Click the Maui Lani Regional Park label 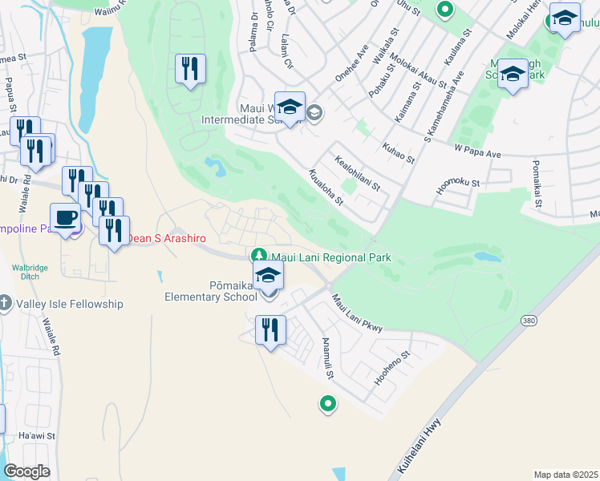(331, 257)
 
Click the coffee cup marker (65, 216)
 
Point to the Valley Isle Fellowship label (73, 304)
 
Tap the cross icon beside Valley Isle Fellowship (6, 303)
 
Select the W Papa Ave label (476, 151)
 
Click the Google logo (26, 471)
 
